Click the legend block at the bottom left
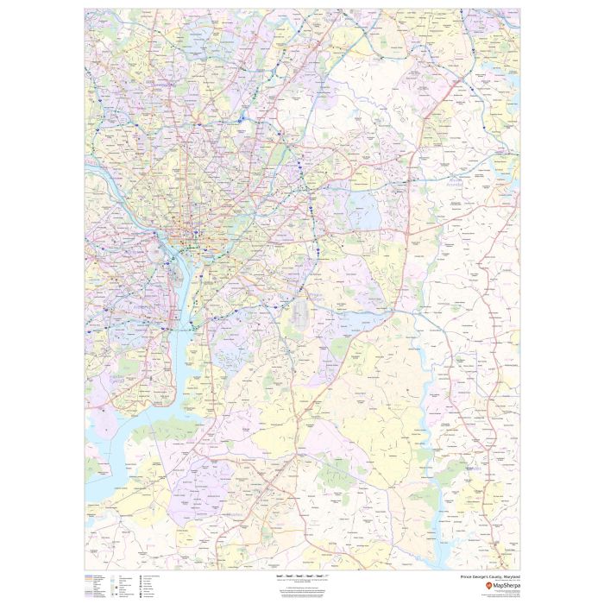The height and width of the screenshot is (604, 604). coord(121,584)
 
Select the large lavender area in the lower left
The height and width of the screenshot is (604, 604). coord(194,483)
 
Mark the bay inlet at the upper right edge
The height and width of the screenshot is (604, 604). coord(511,86)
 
